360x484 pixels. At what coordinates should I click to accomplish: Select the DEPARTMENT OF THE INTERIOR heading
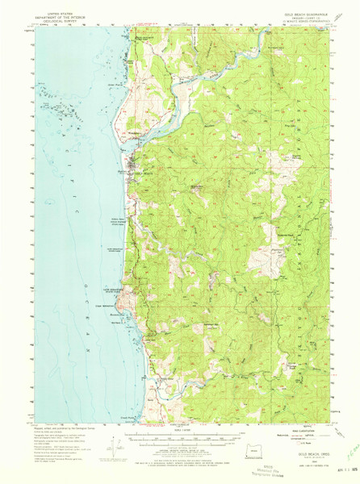[60, 18]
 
